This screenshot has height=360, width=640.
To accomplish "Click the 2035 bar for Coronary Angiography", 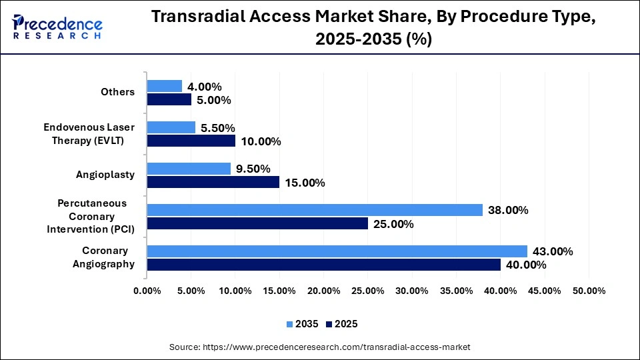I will [x=337, y=251].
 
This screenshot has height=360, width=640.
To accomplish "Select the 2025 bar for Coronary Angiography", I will [x=323, y=265].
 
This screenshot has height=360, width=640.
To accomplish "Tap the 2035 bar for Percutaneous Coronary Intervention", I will [x=315, y=210].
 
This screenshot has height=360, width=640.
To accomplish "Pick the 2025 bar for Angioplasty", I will [x=213, y=182].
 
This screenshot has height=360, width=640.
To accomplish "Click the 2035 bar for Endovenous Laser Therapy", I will [x=171, y=127].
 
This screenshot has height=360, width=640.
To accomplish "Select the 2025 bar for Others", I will [x=169, y=99].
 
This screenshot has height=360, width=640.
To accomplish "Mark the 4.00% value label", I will [x=204, y=87].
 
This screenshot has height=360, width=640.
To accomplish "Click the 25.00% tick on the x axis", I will [x=367, y=291].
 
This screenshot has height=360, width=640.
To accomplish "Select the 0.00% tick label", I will [x=147, y=291].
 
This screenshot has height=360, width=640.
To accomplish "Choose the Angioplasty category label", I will [x=105, y=175].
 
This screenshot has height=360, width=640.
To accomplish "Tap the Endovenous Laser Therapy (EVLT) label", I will [x=89, y=133].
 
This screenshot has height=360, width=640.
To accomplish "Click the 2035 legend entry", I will [x=304, y=324].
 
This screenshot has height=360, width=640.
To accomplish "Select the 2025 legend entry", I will [x=342, y=324].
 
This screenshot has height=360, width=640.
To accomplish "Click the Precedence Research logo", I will [x=56, y=27].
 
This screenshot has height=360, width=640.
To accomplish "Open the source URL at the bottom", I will [x=320, y=347].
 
